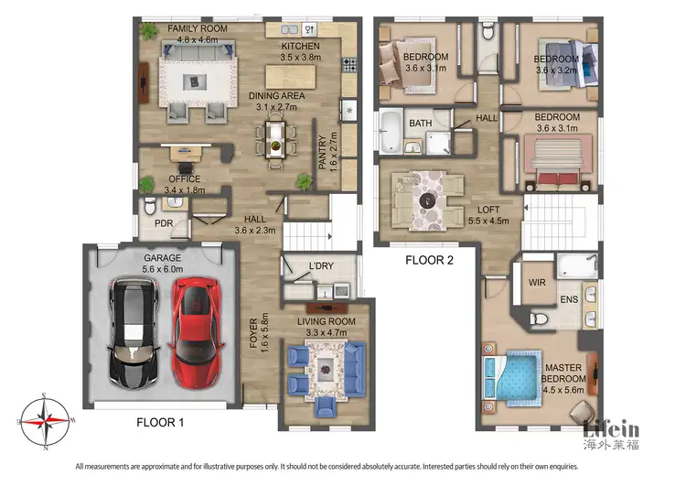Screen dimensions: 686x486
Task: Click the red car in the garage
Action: point(197,333)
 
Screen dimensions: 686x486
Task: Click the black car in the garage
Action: point(134,333)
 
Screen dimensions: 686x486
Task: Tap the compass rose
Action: point(45,421)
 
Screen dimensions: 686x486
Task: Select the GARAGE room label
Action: point(162,258)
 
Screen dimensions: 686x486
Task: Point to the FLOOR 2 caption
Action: point(429,260)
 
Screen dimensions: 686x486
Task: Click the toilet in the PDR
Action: point(150,206)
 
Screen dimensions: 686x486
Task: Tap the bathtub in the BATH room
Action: point(391,132)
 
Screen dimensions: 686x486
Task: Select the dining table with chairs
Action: point(275,140)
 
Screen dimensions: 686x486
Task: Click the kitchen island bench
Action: point(291,77)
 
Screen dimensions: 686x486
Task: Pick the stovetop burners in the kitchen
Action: point(349,64)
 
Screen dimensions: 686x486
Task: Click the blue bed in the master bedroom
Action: point(512,378)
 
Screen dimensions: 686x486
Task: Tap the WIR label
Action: point(537,283)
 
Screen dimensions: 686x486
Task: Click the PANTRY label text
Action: point(323,152)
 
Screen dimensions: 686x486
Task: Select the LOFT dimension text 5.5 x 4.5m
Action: point(488,221)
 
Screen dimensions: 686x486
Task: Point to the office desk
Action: point(186,153)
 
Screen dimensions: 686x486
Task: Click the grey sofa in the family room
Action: point(198,51)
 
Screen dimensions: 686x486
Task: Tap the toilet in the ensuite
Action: point(539,319)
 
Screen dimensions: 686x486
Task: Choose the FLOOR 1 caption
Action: point(160,423)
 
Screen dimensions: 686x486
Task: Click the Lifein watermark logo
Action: point(611,435)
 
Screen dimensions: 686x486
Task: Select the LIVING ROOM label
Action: point(327,321)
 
